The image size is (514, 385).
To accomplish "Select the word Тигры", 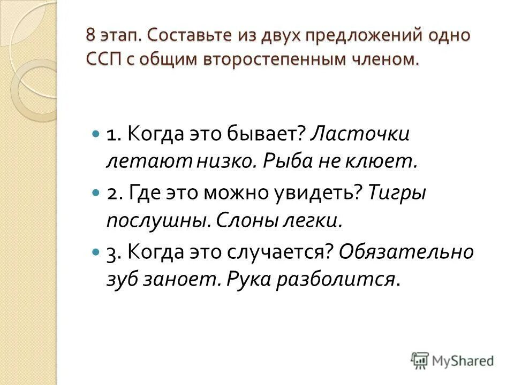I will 396,193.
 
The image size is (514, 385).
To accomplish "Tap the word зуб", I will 122,280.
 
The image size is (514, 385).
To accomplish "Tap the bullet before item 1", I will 96,134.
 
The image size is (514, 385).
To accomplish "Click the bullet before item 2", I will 96,194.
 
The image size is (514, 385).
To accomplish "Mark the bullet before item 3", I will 96,252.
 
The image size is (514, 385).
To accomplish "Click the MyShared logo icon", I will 420,360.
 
